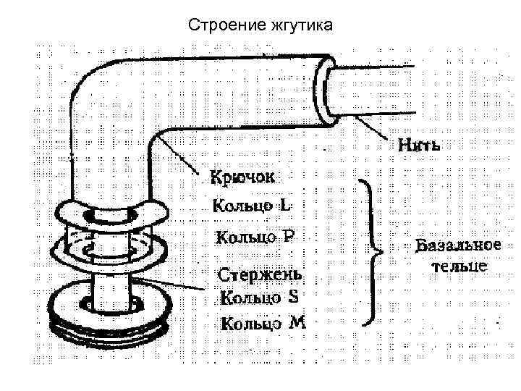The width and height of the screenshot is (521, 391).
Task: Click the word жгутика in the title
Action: click(x=299, y=26)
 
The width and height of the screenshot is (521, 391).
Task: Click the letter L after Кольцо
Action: click(x=287, y=205)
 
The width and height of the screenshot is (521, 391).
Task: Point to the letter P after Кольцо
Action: click(x=288, y=236)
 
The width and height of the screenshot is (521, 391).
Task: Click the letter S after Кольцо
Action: click(x=293, y=296)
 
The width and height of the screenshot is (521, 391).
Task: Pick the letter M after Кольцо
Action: click(x=297, y=323)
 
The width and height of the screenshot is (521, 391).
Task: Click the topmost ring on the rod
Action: click(x=111, y=214)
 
